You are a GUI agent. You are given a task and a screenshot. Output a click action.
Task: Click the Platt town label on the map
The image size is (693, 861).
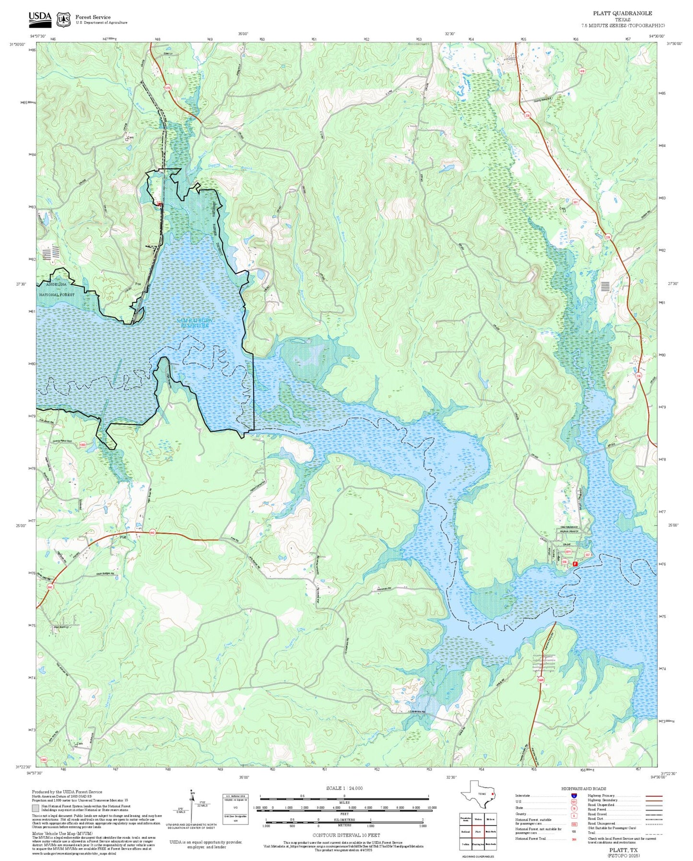click(123, 537)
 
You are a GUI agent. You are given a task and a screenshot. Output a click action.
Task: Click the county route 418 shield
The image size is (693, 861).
click(582, 71)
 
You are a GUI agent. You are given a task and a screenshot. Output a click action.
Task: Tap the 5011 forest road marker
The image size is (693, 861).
click(567, 552)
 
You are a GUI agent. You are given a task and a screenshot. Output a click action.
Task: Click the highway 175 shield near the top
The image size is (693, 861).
click(167, 88)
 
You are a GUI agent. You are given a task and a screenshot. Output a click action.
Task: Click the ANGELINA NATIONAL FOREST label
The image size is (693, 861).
click(57, 289)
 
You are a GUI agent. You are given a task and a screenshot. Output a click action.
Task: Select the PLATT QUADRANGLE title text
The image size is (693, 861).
click(622, 13)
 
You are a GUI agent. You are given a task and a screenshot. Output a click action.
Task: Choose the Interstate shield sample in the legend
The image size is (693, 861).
click(574, 795)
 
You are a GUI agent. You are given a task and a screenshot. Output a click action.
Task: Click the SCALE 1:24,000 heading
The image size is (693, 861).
click(344, 788)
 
